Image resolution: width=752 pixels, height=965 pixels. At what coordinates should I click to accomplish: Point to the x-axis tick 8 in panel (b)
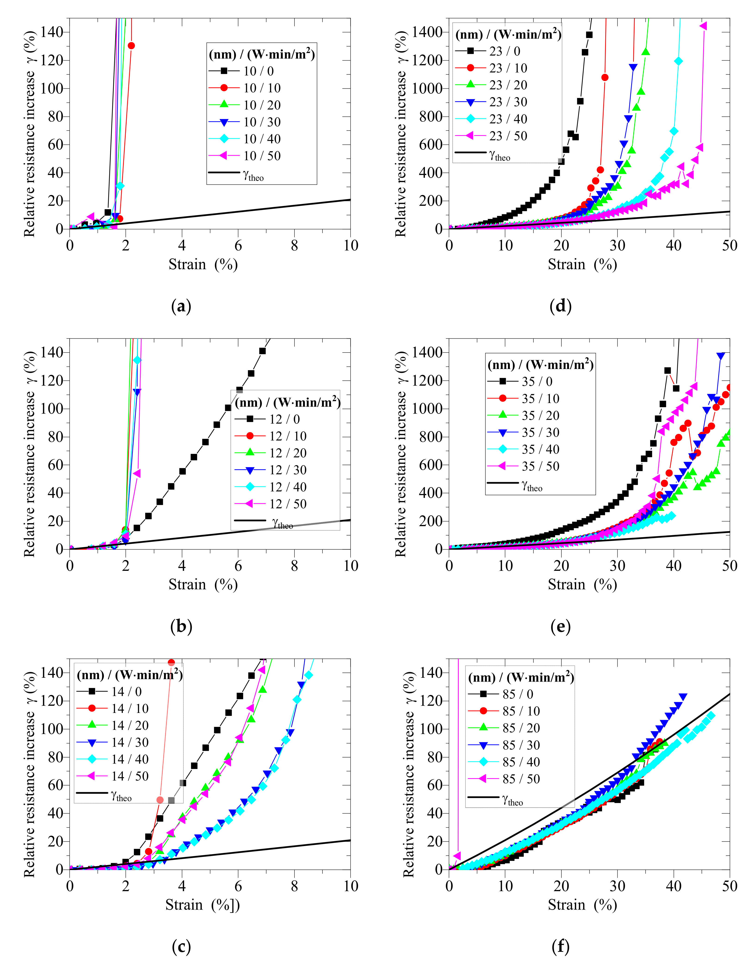(294, 566)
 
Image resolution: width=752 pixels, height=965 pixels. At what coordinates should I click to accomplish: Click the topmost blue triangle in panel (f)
(683, 697)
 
